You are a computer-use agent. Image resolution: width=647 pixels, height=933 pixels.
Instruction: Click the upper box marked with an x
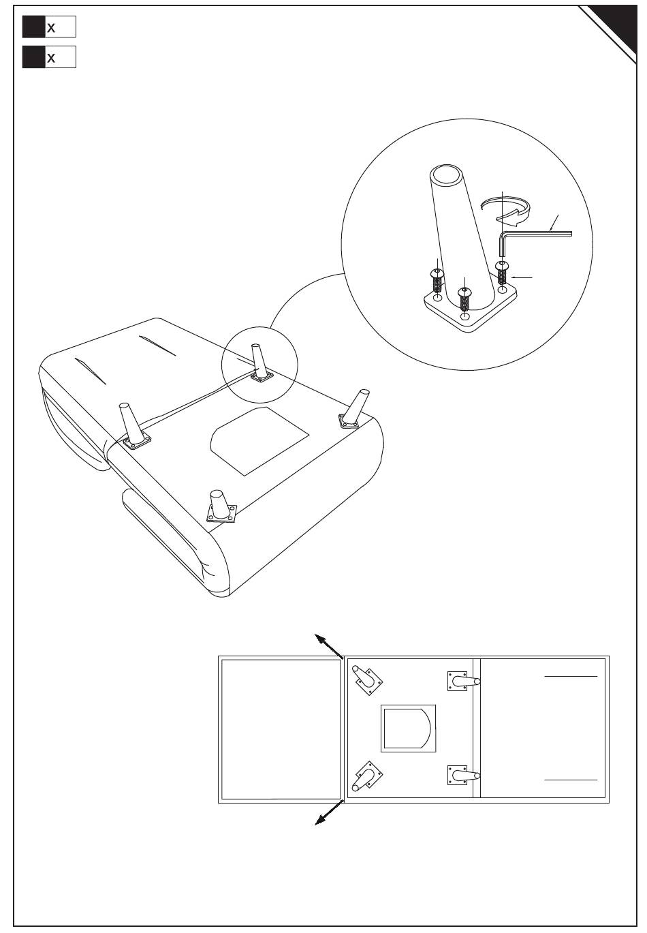[x=49, y=27]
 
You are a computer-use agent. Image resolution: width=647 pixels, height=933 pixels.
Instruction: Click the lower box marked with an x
[x=49, y=57]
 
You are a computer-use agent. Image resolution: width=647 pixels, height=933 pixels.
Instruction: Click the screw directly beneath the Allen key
[x=502, y=273]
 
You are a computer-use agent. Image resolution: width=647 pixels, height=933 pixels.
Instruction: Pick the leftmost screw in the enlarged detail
[x=437, y=281]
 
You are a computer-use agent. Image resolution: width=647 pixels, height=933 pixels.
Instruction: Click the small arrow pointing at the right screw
[x=522, y=277]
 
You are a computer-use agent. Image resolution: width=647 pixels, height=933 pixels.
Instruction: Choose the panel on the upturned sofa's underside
[x=259, y=441]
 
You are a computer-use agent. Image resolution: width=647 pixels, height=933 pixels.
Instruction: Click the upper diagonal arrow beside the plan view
[x=328, y=646]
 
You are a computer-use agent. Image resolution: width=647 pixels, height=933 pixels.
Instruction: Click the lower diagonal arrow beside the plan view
[x=328, y=812]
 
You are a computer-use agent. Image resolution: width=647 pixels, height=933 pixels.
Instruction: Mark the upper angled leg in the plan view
[x=367, y=679]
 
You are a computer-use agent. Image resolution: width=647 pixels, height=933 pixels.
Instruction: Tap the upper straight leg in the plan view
[x=463, y=681]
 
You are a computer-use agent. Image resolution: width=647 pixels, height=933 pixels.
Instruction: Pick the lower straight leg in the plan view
[x=463, y=775]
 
